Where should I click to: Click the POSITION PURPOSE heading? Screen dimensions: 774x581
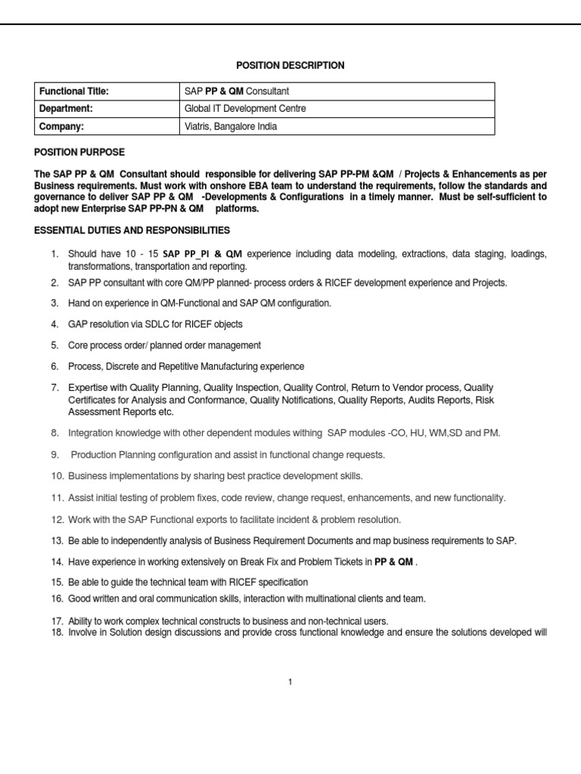coord(79,152)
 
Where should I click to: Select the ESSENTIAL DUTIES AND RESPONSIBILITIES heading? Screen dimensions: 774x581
coord(132,230)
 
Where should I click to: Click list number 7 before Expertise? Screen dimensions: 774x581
coord(55,388)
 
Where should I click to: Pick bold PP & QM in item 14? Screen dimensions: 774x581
coord(393,562)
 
